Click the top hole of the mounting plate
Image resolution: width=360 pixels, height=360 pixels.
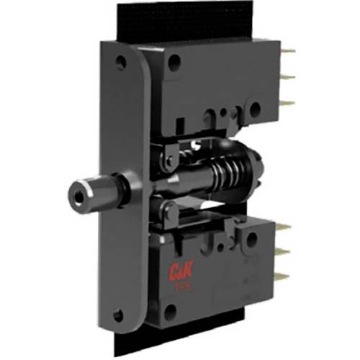pyautogui.click(x=120, y=63)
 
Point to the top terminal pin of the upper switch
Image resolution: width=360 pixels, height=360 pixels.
pyautogui.click(x=287, y=52)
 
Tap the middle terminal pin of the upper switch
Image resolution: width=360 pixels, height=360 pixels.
pyautogui.click(x=288, y=78)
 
